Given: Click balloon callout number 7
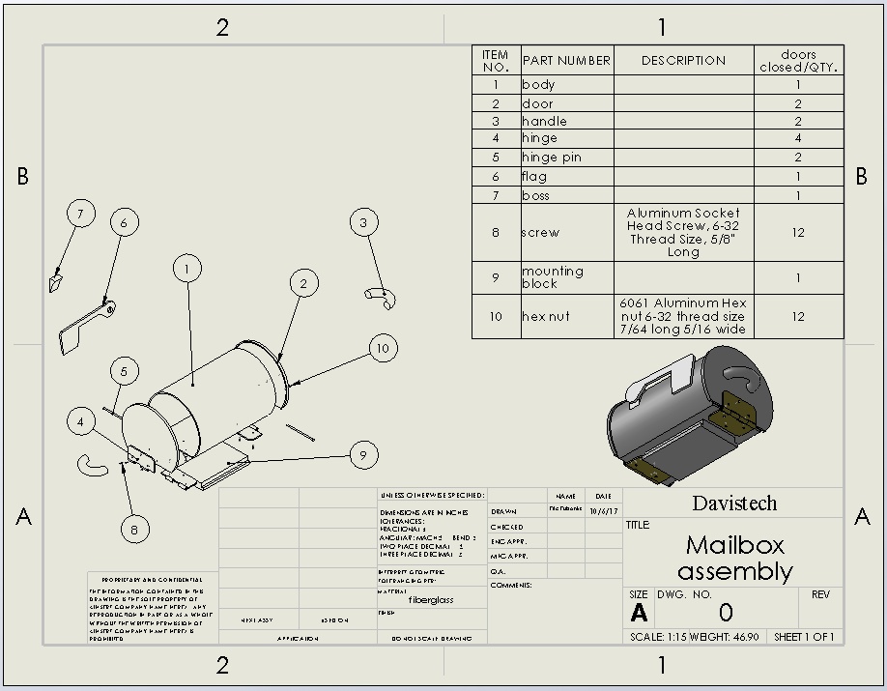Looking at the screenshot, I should (x=81, y=214).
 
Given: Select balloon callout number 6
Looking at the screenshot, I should (x=124, y=222).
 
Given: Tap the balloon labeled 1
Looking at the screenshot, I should (x=187, y=269).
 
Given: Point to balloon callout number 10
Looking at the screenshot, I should (x=384, y=348).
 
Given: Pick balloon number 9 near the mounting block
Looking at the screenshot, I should (x=363, y=454).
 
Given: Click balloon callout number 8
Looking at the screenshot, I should (x=135, y=529).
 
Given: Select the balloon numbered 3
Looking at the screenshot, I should (x=363, y=222).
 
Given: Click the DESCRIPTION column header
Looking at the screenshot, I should (x=683, y=60).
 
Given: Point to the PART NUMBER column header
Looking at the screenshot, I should (x=566, y=60).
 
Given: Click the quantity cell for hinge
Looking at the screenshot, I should (x=798, y=138).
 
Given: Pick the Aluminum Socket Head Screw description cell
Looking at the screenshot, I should (x=683, y=232).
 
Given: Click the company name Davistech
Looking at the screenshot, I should (x=734, y=504).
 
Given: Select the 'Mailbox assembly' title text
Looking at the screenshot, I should (x=734, y=558).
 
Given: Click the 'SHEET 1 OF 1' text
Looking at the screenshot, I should (x=804, y=637).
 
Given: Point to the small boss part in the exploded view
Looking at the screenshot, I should (x=55, y=281).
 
